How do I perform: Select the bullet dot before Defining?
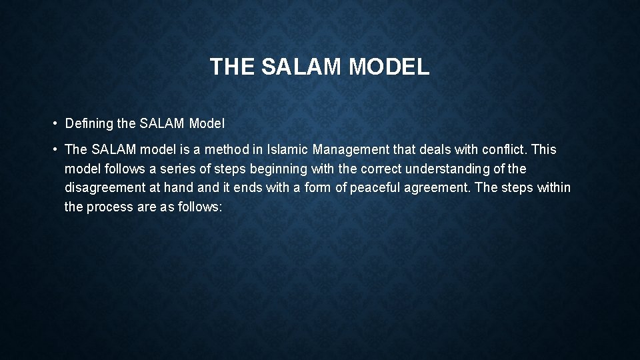coord(53,123)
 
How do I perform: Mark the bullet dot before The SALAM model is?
coord(53,150)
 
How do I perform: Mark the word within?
coord(553,187)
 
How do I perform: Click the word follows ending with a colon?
coord(199,207)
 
